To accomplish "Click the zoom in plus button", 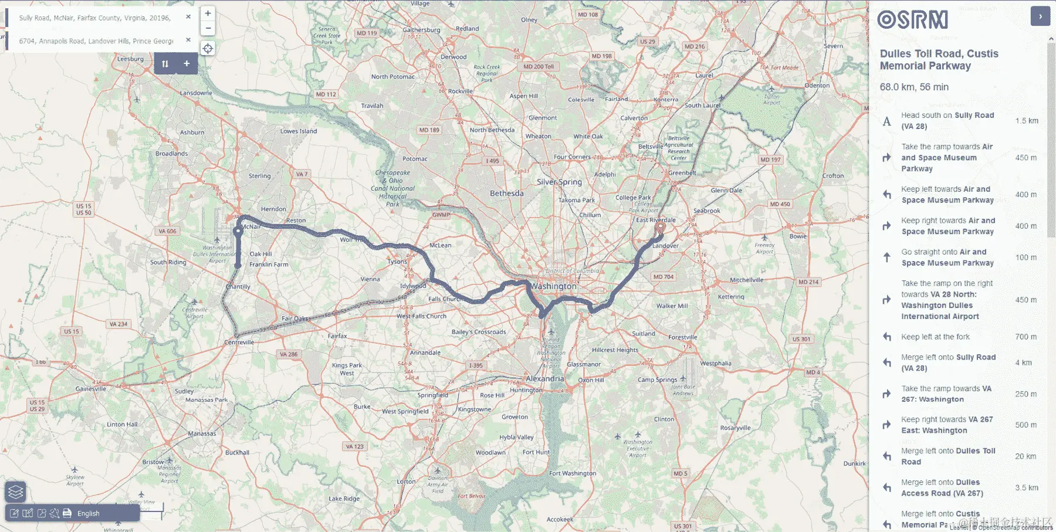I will coord(208,13).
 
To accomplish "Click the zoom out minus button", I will coord(208,28).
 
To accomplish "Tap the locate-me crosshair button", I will coord(208,49).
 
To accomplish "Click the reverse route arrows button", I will coord(165,63).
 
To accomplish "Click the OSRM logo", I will coord(912,20).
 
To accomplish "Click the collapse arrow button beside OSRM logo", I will coord(1040,16).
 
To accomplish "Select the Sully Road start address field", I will coord(95,18).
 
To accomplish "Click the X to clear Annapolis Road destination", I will coord(188,40).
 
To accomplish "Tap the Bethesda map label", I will coord(506,194).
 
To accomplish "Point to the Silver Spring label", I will coord(559,182).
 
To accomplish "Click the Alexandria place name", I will coord(544,379).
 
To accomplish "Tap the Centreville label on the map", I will coord(239,342).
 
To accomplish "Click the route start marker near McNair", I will coord(238,232).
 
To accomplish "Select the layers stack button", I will coord(16,492).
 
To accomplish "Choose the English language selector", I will coord(89,513).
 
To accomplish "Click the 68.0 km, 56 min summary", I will coord(914,87).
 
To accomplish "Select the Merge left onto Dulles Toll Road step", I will coord(947,456).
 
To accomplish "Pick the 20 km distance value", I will coord(1025,456).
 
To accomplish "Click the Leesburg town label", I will coord(130,59).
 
